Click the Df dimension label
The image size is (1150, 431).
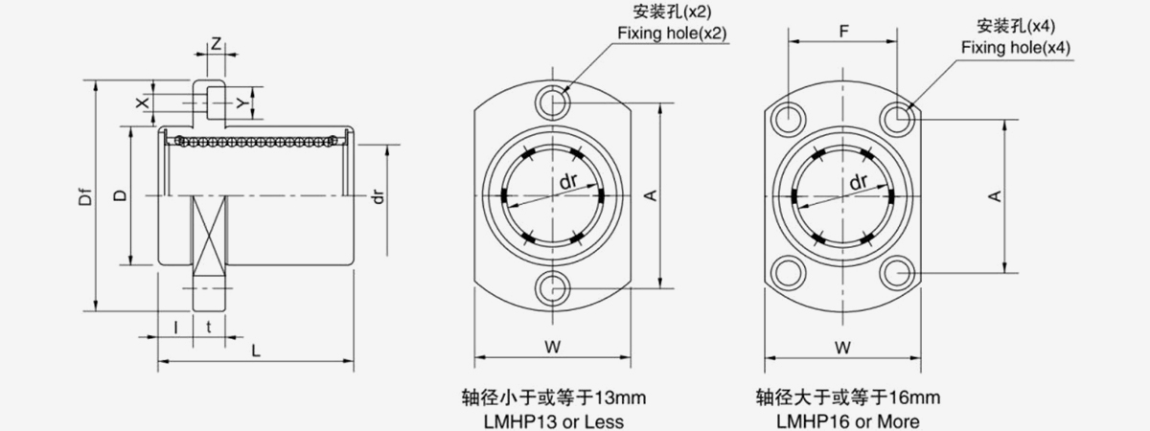coord(85,197)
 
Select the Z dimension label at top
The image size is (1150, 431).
coord(217,44)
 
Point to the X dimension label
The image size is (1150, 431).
coord(143,102)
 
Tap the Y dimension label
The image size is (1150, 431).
coord(242,103)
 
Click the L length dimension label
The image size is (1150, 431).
coord(256,351)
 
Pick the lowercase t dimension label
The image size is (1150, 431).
coord(209,327)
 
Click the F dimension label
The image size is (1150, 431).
coord(843,32)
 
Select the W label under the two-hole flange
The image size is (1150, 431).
coord(552,348)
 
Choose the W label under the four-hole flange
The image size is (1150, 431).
coord(842,348)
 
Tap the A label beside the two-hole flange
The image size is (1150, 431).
coord(651,195)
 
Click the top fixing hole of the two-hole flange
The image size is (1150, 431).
coord(552,102)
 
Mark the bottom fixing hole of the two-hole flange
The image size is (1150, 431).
coord(552,289)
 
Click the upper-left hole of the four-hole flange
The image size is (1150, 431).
coord(789,120)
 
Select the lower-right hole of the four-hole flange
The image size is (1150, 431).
coord(897,272)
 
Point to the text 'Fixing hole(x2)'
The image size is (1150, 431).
coord(672,34)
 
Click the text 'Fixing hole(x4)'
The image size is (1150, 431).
coord(1016,48)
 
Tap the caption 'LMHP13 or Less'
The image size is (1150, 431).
coord(554,421)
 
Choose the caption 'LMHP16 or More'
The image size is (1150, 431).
coord(847,421)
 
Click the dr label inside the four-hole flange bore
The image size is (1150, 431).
coord(859,182)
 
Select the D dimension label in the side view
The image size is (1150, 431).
coord(120,195)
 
